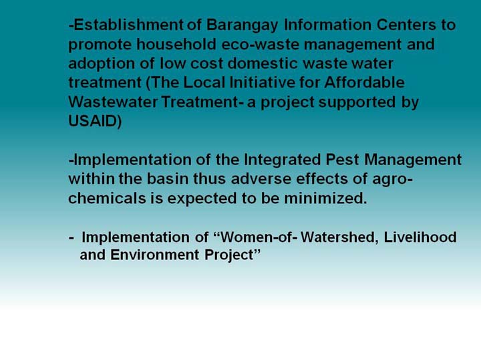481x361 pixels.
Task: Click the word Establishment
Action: [128, 25]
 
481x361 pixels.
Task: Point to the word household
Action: [176, 44]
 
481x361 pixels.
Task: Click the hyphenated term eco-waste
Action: [260, 45]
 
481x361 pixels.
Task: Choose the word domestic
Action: [263, 64]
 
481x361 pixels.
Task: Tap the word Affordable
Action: [365, 83]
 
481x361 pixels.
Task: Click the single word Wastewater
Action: [113, 102]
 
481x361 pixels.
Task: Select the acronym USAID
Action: [93, 121]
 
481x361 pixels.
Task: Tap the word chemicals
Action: [107, 199]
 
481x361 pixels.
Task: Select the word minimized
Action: [325, 199]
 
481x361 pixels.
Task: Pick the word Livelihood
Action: [420, 237]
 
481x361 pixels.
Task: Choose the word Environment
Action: [155, 255]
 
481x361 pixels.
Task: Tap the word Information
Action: [327, 25]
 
